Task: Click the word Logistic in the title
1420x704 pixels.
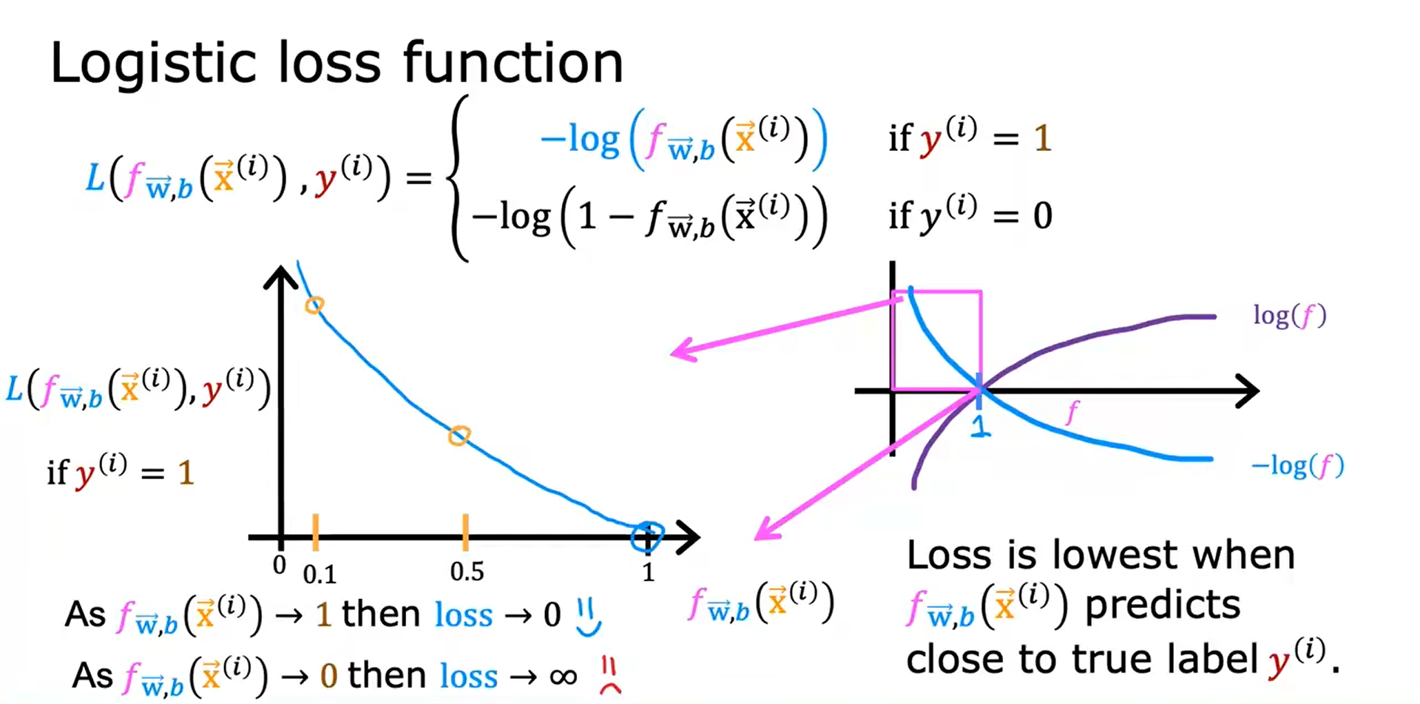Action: pos(141,64)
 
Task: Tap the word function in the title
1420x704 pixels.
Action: pos(513,63)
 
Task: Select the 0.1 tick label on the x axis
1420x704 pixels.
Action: pos(319,575)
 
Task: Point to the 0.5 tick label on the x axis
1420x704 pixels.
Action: pos(467,572)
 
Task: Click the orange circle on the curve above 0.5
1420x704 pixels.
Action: pos(459,436)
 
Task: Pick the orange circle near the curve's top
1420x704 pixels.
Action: pos(314,305)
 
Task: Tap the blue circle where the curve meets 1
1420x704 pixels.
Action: pos(647,536)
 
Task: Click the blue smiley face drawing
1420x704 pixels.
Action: pos(589,617)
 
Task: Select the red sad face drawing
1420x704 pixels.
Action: pos(609,676)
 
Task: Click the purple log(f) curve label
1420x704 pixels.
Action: pos(1289,316)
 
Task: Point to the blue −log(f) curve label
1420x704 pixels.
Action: pos(1297,466)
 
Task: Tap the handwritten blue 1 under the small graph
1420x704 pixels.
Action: pos(979,425)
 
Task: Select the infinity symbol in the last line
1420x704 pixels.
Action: pos(564,676)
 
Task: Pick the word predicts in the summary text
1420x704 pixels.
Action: pos(1162,605)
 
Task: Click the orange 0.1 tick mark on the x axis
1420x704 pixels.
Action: pos(315,532)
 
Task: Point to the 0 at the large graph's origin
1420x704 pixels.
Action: pos(279,566)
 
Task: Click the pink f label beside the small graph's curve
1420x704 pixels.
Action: pos(1072,411)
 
